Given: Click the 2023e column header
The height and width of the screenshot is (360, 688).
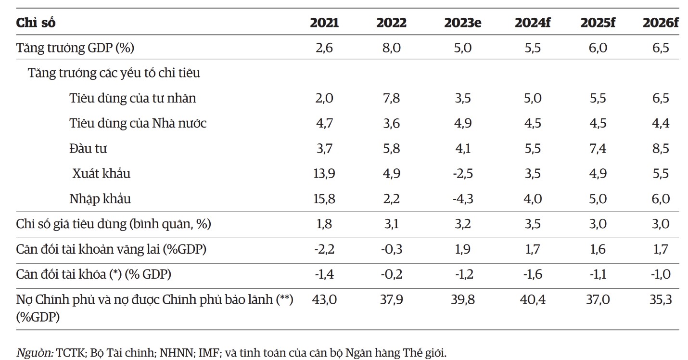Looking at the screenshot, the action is click(462, 23).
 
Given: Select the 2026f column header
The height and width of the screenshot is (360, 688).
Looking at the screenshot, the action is click(661, 23).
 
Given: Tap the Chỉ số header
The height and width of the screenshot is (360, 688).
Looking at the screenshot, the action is click(36, 23).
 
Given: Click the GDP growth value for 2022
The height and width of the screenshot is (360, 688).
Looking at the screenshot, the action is click(391, 48).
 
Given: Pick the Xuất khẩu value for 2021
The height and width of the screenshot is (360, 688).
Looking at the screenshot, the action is click(324, 174).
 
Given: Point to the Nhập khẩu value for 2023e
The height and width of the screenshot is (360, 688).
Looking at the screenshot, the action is click(463, 199).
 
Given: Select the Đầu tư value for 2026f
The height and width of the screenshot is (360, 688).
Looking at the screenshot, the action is click(661, 148).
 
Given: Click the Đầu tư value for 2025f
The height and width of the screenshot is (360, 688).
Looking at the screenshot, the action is click(598, 148).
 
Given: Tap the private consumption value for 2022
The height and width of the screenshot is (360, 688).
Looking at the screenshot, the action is click(391, 98).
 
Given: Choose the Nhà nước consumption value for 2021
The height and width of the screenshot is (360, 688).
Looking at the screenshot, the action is click(324, 123).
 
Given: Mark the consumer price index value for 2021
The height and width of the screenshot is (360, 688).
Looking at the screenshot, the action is click(324, 224).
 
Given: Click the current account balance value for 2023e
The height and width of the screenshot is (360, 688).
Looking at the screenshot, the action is click(462, 249).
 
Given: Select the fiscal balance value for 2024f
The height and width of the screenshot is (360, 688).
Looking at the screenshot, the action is click(533, 274).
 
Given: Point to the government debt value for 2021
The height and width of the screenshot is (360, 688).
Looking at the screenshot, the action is click(324, 299).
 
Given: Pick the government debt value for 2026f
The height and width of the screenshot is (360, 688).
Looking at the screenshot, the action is click(661, 299).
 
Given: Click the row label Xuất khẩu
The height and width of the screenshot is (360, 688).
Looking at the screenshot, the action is click(102, 174).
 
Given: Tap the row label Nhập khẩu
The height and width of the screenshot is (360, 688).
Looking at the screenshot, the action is click(100, 199).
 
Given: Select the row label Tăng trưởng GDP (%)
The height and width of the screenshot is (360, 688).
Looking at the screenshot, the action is click(75, 48).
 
